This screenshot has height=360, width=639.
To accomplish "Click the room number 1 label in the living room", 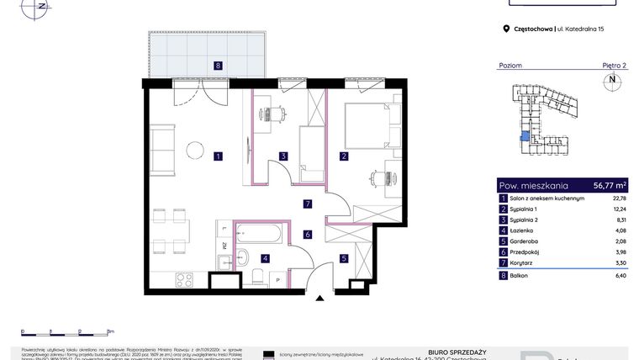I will click(218, 156).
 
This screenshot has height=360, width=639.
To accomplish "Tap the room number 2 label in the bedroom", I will click(344, 156).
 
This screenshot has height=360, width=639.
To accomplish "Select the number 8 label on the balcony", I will click(217, 65).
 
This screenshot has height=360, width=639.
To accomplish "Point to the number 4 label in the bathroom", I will click(265, 258).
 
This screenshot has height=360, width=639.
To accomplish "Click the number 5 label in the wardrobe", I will click(344, 258).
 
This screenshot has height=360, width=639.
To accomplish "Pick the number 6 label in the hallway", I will click(308, 235).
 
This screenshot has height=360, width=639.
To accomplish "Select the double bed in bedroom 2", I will click(367, 126).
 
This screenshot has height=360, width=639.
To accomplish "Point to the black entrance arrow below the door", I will click(319, 297).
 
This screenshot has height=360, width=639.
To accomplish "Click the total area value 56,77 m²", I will click(610, 185).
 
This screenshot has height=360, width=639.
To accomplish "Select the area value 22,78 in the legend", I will click(620, 199).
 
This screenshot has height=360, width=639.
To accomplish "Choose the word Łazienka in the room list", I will click(524, 230).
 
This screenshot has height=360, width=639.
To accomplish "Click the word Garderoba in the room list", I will click(525, 241).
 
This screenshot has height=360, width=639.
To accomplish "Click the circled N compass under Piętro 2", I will click(612, 81).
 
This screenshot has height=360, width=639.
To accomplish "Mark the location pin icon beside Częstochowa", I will click(506, 29).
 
